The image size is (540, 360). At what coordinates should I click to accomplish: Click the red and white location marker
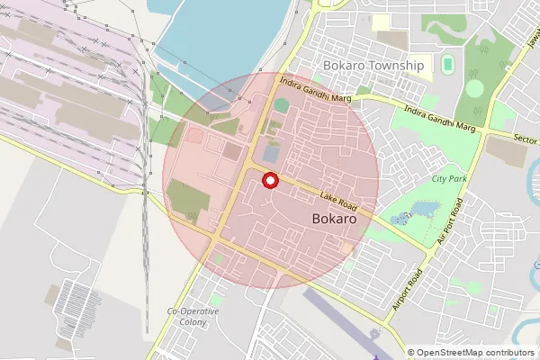coord(269,181)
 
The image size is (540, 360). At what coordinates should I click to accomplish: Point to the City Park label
coord(449,179)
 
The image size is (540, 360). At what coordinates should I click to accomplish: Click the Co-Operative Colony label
coord(193,316)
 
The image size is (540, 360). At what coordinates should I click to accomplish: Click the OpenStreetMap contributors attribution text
coord(471,353)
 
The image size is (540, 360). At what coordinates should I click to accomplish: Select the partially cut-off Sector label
coord(525,140)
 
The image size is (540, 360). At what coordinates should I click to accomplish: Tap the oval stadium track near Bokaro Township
coord(448,64)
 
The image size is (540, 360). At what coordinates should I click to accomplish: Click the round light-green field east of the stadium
coord(474,88)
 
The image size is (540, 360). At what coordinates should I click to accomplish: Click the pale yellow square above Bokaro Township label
coord(382,22)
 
